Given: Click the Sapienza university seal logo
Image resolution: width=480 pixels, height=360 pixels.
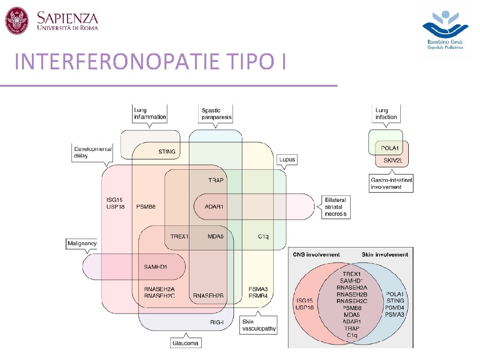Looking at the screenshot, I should click(17, 21).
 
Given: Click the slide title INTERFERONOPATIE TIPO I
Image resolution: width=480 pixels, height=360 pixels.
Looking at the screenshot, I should click(150, 62).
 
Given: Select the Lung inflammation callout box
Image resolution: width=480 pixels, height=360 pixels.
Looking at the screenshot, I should click(150, 113).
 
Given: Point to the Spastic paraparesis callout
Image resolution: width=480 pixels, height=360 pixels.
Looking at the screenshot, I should click(216, 113).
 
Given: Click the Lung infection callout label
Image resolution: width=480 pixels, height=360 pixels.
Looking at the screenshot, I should click(387, 113).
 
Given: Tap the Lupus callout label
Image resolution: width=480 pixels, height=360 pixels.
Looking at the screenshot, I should click(287, 159).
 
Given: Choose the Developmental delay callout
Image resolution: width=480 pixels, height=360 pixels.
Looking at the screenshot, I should click(93, 152).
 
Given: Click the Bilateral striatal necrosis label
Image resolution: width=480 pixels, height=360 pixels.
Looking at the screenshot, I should click(335, 207).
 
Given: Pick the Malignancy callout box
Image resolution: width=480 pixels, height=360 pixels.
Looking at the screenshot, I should click(82, 243).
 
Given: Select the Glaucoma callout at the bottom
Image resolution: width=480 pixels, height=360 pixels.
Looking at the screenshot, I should click(185, 343).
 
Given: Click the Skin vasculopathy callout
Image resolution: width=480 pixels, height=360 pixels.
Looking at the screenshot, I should click(259, 325).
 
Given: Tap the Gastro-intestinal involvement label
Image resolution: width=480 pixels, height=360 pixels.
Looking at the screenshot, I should click(391, 183).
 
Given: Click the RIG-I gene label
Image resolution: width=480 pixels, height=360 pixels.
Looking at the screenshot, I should click(217, 322).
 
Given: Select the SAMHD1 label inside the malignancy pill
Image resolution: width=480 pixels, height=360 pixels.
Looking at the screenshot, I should click(156, 267).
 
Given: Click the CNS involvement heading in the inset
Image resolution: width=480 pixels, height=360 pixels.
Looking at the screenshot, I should click(316, 255).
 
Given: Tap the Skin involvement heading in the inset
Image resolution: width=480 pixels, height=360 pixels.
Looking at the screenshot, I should click(385, 255).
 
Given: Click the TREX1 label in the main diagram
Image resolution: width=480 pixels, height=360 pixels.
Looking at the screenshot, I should click(179, 236).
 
